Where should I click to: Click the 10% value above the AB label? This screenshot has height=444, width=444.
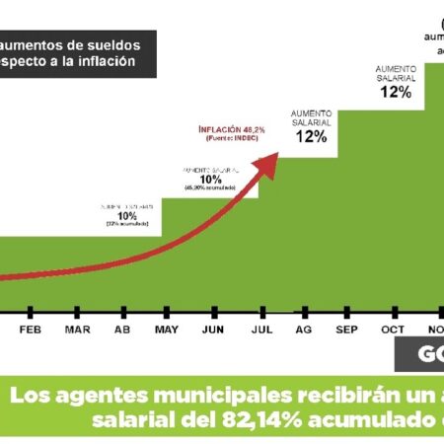point(127,215)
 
